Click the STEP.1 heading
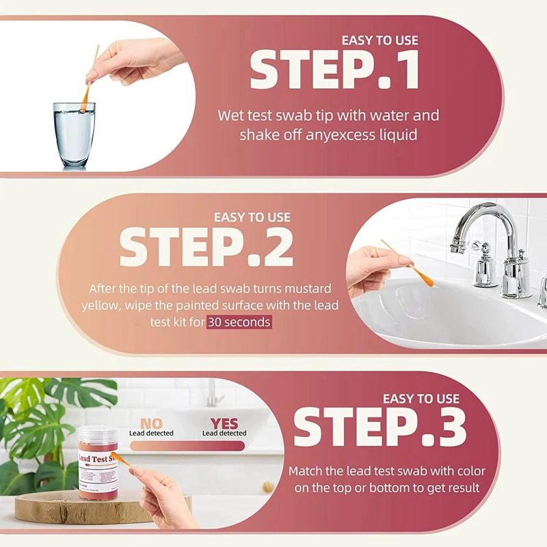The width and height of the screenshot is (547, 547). pyautogui.click(x=334, y=70)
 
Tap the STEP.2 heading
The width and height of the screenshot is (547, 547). pyautogui.click(x=206, y=246)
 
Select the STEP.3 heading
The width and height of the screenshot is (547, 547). pyautogui.click(x=380, y=427)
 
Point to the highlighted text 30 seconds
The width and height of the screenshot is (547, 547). pyautogui.click(x=239, y=322)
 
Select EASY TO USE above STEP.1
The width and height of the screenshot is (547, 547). pyautogui.click(x=379, y=40)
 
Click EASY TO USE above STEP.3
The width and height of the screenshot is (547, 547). pyautogui.click(x=421, y=399)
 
